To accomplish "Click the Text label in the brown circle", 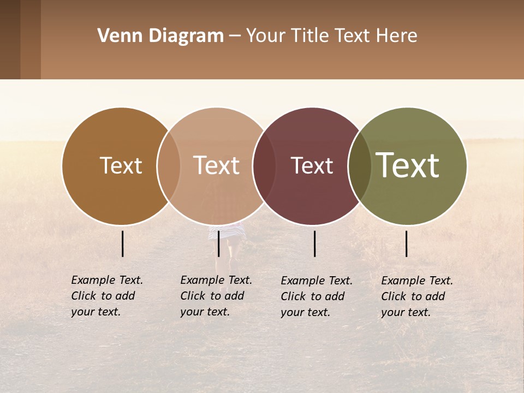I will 121,166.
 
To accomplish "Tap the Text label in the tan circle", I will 216,166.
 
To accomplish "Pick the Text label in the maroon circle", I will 312,166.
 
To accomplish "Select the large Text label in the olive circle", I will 407,165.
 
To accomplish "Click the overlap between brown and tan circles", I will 169,166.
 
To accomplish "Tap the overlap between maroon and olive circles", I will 359,166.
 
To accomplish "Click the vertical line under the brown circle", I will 123,243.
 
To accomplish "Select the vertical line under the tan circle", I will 218,243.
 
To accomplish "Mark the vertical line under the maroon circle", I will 315,243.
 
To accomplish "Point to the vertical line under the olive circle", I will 407,243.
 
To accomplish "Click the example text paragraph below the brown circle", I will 106,296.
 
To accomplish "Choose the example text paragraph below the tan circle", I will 216,296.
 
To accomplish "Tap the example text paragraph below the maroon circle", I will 316,296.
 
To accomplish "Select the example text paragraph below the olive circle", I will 416,296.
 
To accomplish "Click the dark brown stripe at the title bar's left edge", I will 10,39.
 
